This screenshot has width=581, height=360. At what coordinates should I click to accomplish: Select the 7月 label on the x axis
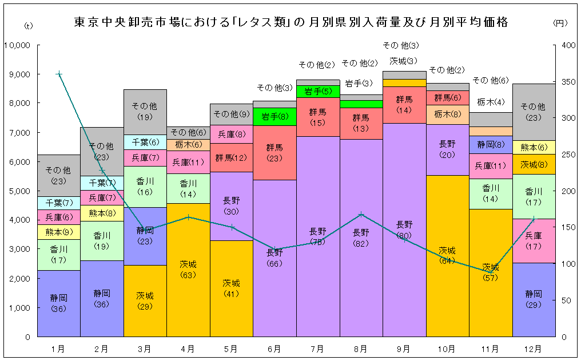(318, 348)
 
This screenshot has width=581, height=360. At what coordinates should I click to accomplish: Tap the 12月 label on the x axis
(534, 348)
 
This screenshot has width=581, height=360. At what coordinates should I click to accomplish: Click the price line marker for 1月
(59, 74)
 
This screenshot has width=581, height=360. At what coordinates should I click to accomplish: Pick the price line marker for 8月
(361, 215)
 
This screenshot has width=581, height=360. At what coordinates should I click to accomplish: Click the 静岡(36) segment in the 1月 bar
(59, 303)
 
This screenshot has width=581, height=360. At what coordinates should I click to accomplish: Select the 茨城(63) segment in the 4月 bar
(188, 270)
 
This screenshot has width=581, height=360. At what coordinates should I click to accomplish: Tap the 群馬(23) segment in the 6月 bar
(274, 152)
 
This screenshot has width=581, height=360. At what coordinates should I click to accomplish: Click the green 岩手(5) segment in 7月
(318, 91)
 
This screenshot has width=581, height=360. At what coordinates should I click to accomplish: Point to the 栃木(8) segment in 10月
(447, 114)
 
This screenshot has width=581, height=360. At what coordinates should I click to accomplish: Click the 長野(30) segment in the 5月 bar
(232, 206)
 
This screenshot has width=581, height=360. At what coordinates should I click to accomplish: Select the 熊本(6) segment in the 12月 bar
(534, 147)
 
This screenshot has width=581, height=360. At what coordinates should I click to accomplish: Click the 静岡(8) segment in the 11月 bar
(491, 145)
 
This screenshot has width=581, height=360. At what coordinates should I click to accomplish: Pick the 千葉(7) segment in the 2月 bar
(102, 183)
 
